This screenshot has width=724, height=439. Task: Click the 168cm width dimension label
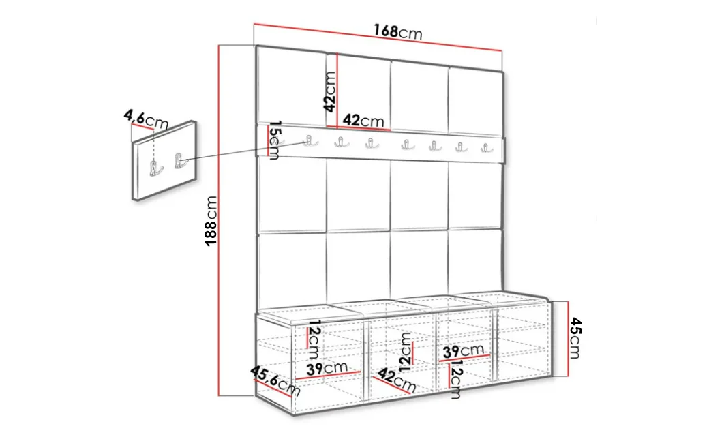pyautogui.click(x=397, y=32)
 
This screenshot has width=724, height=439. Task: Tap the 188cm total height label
pyautogui.click(x=211, y=221)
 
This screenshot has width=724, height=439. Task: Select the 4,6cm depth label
pyautogui.click(x=146, y=119)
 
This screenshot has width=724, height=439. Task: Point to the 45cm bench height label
pyautogui.click(x=575, y=338)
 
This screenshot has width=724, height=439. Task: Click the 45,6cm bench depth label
pyautogui.click(x=275, y=381)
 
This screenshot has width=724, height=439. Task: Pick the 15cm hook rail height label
pyautogui.click(x=274, y=140)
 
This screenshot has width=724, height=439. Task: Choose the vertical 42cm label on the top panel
pyautogui.click(x=330, y=91)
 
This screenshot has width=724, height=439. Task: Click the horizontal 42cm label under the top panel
pyautogui.click(x=363, y=121)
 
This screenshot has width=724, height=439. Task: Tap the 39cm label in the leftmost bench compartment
pyautogui.click(x=327, y=368)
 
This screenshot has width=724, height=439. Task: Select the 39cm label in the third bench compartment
pyautogui.click(x=463, y=351)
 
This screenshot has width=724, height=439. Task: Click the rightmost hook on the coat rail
pyautogui.click(x=486, y=148)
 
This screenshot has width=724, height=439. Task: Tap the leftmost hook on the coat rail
pyautogui.click(x=310, y=140)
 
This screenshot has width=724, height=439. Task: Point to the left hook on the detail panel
pyautogui.click(x=155, y=168)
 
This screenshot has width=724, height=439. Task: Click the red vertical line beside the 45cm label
pyautogui.click(x=568, y=339)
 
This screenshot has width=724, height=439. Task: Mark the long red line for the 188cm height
pyautogui.click(x=219, y=221)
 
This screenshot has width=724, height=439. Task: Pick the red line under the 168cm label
pyautogui.click(x=377, y=37)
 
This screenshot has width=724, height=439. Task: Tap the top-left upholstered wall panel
pyautogui.click(x=291, y=85)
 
